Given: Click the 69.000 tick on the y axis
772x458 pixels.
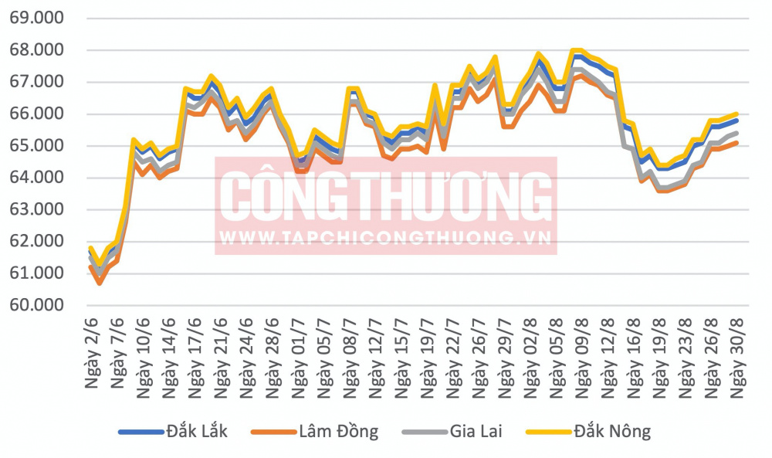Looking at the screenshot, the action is [37, 19].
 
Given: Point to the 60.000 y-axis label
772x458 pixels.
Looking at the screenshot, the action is [37, 305].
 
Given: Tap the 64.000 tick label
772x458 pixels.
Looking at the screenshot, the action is [37, 178].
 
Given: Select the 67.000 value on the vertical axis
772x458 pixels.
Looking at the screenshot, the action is [37, 82].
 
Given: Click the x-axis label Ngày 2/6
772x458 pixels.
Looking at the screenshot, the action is [92, 353].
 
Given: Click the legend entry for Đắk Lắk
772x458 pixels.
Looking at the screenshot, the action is [197, 432].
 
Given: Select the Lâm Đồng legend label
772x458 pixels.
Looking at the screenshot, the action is [339, 432].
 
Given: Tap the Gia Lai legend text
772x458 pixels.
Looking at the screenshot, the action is [476, 432].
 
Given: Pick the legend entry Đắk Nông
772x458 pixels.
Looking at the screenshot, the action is [612, 432].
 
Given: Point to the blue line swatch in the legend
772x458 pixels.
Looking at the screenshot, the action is [141, 433].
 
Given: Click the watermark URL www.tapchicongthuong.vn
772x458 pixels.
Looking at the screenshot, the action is [385, 239].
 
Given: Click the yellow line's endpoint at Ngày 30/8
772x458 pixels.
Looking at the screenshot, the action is [737, 114].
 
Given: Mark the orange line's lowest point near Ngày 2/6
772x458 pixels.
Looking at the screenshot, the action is [100, 283].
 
